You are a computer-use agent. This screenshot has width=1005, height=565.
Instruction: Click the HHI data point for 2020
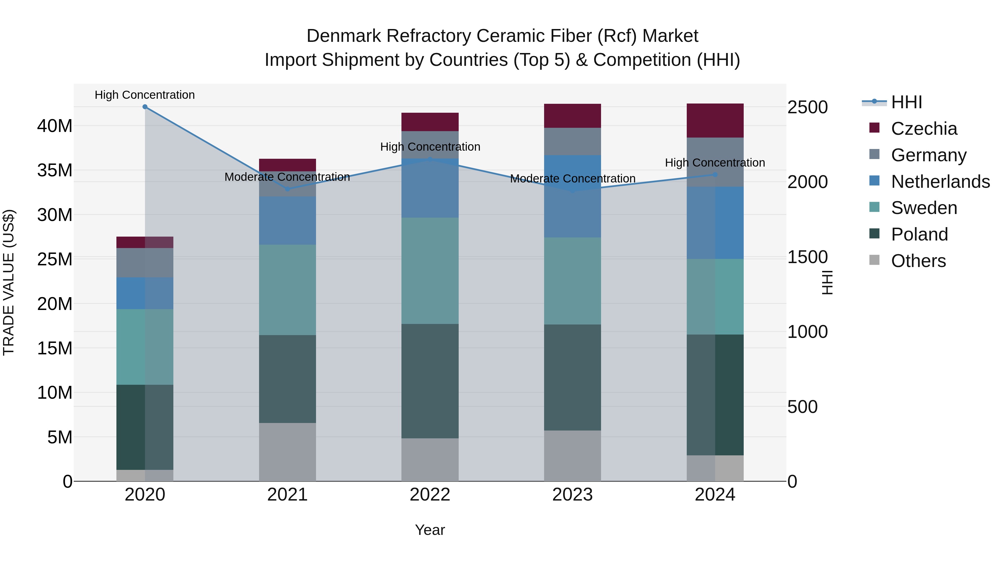pos(145,107)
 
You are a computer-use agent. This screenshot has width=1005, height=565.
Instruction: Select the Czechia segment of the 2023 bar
pos(572,116)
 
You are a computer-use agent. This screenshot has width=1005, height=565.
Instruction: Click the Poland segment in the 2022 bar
pos(430,381)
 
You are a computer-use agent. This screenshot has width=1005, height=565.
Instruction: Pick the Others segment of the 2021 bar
pos(288,452)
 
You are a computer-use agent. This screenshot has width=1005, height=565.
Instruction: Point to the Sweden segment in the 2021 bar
pos(288,290)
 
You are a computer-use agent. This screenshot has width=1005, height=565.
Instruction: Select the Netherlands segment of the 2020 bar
pos(145,293)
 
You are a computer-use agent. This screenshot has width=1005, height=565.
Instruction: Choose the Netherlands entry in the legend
pos(940,182)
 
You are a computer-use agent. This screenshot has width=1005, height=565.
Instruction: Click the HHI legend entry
pos(906,102)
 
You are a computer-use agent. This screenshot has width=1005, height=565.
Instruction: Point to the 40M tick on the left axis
pos(55,126)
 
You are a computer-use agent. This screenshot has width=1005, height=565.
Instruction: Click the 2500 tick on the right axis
pos(807,107)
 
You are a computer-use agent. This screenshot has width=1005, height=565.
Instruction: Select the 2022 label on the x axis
pos(430,495)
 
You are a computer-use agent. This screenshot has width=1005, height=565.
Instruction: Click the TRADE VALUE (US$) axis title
pos(9,282)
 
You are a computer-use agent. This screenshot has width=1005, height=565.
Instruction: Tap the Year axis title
pos(430,530)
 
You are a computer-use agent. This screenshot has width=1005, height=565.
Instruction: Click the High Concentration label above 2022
pos(430,147)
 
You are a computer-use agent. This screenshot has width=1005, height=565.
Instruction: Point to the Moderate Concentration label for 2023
pos(572,179)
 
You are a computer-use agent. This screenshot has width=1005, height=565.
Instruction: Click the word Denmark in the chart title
pos(343,36)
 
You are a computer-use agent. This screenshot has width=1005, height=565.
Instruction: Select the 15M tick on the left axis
pos(55,348)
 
